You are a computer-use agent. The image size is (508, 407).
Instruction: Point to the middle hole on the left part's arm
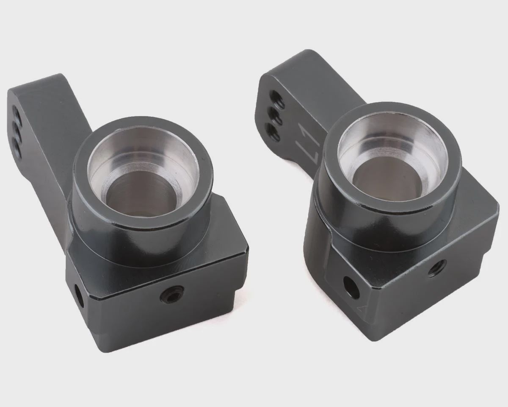(x=17, y=129)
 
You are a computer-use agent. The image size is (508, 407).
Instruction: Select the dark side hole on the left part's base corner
(x=78, y=297)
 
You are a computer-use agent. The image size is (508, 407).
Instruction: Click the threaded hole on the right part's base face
(x=438, y=269)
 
